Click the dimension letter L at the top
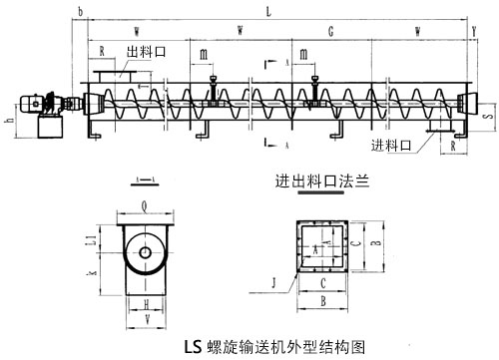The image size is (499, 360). (x=268, y=9)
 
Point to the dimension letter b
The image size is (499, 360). (x=79, y=10)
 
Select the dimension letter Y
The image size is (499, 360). (x=472, y=31)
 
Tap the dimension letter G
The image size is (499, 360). (x=330, y=32)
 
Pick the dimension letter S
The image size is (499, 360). (x=486, y=117)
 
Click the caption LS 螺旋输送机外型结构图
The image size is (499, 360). (x=260, y=348)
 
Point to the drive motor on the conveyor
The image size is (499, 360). (x=41, y=104)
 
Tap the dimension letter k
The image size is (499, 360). (x=92, y=272)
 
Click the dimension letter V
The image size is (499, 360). (x=146, y=321)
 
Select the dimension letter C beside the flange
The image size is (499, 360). (x=354, y=243)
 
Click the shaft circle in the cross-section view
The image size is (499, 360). (x=146, y=253)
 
